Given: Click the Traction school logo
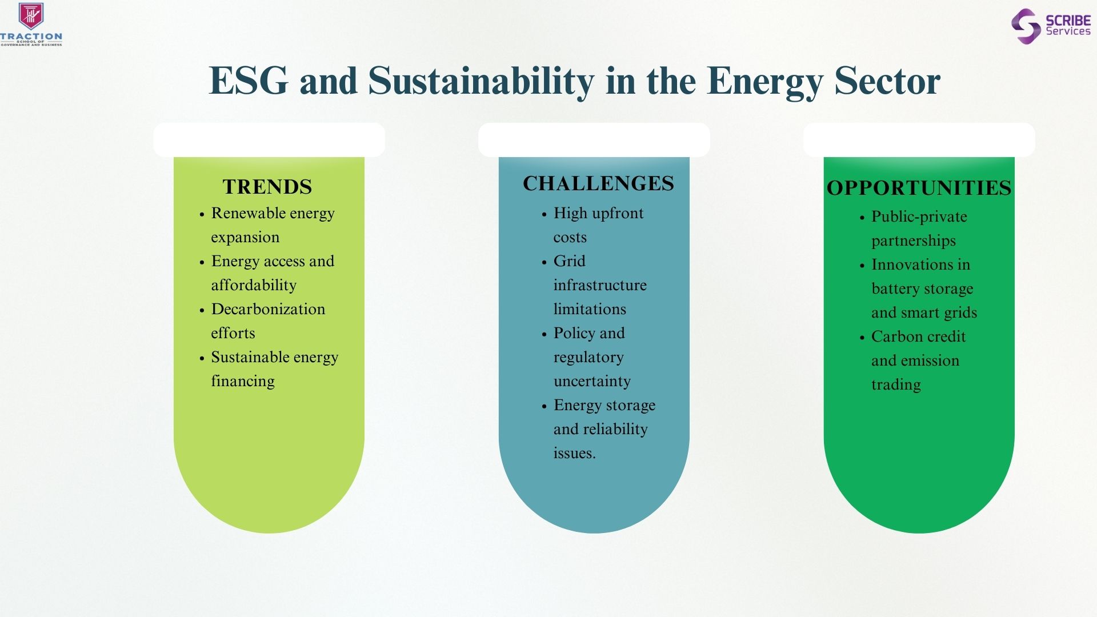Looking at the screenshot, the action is (31, 24).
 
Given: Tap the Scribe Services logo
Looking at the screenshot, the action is (1051, 26).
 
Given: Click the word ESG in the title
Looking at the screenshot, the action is (249, 81).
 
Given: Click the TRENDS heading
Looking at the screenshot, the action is (267, 187).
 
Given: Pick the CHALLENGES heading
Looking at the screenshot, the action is (598, 183).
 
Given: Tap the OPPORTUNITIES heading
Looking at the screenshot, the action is (919, 188).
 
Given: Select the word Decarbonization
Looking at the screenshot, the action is (268, 309).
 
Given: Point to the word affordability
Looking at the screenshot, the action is (254, 285).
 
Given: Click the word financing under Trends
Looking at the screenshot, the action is (243, 381).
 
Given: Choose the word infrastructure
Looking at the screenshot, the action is (600, 285).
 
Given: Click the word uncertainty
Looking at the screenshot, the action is (592, 382).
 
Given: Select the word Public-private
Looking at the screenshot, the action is (919, 217).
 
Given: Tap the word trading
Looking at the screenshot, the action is (896, 385).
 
